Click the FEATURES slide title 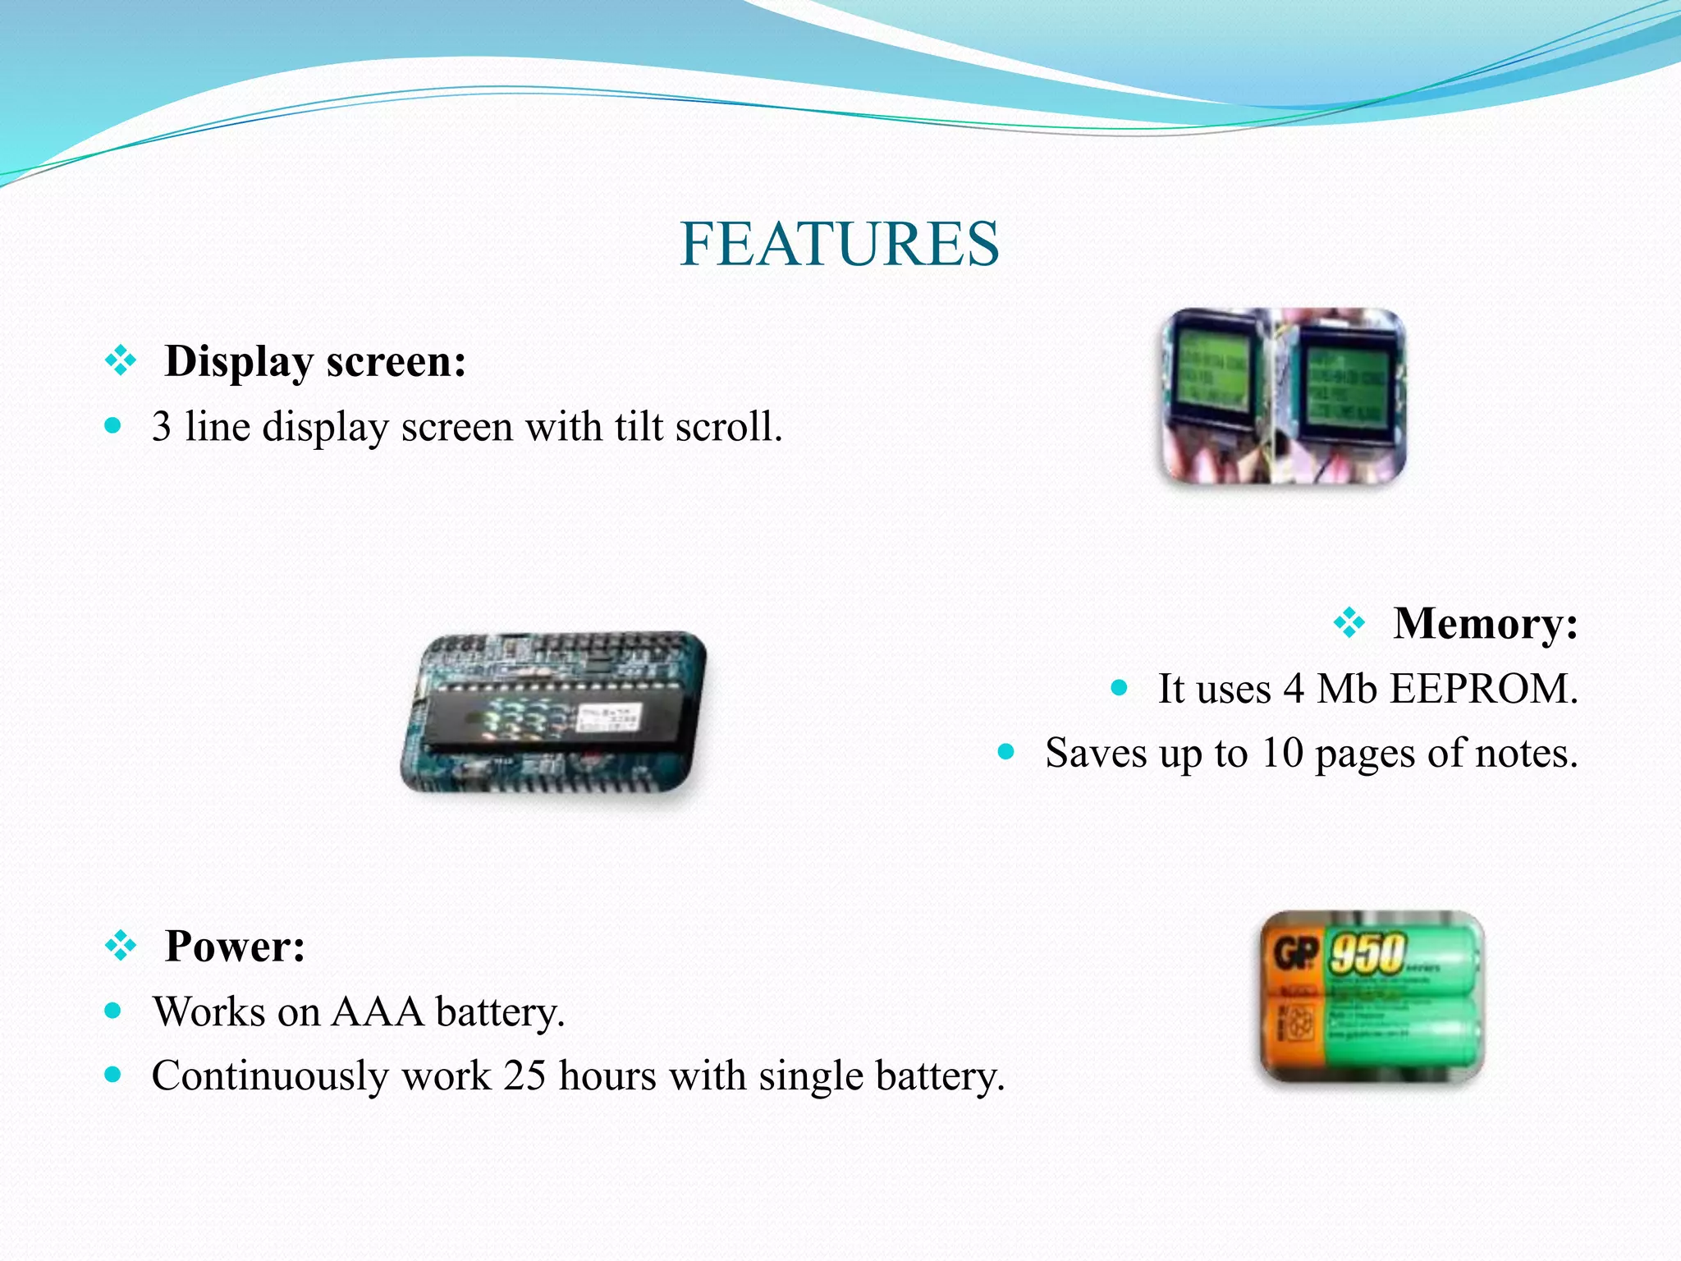tap(840, 245)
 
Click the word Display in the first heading tap(239, 362)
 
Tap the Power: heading tap(235, 947)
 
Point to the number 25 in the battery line tap(524, 1075)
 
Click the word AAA tap(378, 1011)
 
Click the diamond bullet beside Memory tap(1349, 623)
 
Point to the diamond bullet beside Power tap(121, 946)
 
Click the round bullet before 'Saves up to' tap(1006, 752)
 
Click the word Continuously tap(270, 1076)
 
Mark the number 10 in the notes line tap(1282, 753)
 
